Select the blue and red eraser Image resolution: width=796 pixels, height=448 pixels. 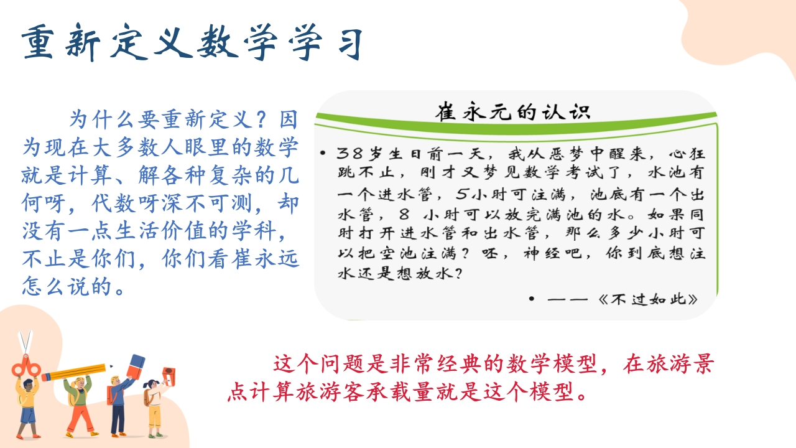136,366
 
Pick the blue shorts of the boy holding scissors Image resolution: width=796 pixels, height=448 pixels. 29,415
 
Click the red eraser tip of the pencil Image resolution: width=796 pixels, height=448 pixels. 46,376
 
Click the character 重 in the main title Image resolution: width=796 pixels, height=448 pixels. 38,42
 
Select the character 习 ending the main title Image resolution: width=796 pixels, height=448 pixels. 350,44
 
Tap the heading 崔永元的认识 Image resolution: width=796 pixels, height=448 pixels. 513,112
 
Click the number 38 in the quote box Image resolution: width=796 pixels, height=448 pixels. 349,154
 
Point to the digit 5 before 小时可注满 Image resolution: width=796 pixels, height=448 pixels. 462,194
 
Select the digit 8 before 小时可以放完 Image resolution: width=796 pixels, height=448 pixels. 404,214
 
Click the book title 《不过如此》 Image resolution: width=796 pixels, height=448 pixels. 648,299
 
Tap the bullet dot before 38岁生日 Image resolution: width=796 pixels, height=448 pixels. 322,153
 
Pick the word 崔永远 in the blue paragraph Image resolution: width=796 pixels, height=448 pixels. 265,258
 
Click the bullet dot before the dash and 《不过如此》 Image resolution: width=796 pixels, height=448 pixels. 532,299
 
